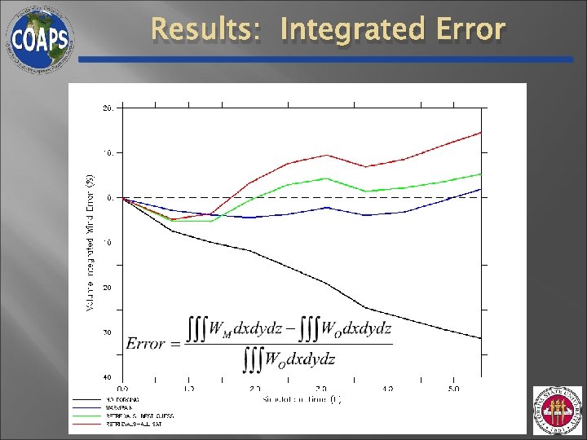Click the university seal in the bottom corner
tap(558, 411)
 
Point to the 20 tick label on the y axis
tap(108, 108)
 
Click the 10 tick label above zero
tap(108, 152)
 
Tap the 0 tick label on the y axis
tap(109, 198)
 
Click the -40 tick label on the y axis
tap(108, 377)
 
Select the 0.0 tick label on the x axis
tap(123, 389)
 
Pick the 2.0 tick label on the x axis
tap(255, 389)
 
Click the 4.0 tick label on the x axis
tap(387, 389)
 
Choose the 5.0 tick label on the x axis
tap(454, 389)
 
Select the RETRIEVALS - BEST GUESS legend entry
tap(139, 416)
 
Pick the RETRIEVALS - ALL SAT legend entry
tap(134, 424)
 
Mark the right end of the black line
tap(481, 338)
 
